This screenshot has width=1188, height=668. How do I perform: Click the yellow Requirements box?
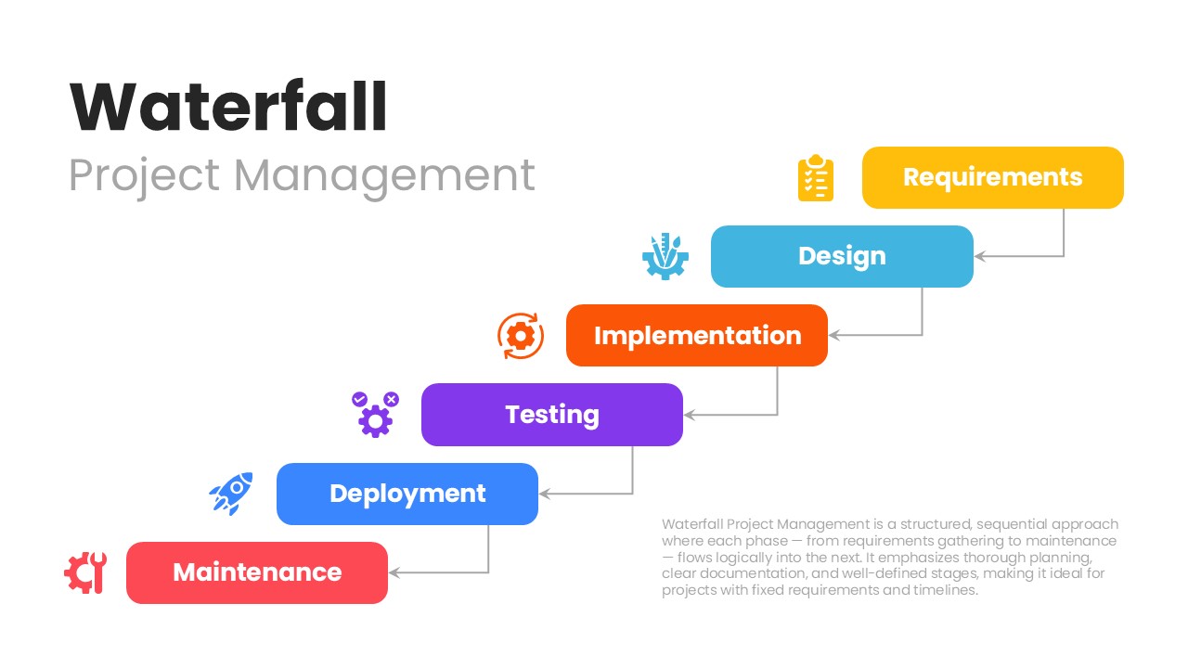point(992,177)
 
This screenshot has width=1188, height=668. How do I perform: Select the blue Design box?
point(842,256)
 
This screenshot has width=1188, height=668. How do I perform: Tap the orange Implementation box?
point(696,335)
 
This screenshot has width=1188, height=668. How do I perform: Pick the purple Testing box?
point(551,415)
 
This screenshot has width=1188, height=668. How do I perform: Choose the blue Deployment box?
point(407,494)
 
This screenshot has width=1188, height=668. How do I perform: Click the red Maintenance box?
point(256,572)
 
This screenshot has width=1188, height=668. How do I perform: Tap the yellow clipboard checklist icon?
point(816,178)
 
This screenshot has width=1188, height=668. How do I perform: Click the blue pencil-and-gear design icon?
point(665,257)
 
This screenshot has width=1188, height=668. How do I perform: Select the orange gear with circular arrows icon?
point(520,336)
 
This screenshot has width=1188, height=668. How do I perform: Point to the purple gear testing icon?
point(375,415)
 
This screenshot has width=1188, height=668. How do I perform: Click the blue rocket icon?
point(230,494)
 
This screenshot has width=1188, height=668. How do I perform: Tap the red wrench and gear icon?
point(84,572)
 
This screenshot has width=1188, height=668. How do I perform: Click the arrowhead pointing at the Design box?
point(980,256)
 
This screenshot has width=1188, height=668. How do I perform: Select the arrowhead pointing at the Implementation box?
point(834,335)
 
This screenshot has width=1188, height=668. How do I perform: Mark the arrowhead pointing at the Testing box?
point(690,415)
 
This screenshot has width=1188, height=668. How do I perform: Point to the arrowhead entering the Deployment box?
point(545,494)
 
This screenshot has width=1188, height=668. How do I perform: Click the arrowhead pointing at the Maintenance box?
point(394,572)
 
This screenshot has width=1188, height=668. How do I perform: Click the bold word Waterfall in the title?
point(228,108)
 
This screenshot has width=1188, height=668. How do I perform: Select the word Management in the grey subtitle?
point(384,174)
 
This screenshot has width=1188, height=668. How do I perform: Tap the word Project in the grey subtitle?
point(144,176)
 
